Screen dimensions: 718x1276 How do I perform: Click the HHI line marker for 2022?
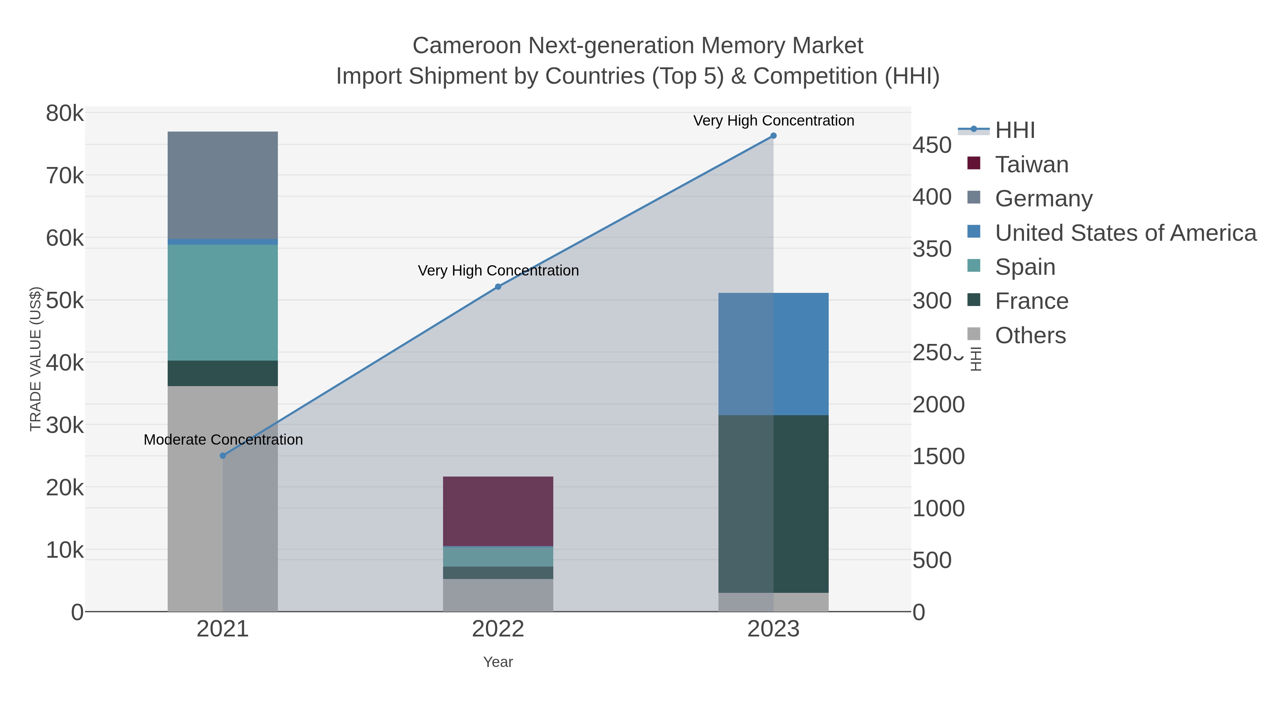tap(498, 286)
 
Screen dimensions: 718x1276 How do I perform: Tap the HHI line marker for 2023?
tap(773, 136)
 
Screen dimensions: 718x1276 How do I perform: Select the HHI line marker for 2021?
tap(223, 455)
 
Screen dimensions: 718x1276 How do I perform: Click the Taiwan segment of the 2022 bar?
tap(498, 511)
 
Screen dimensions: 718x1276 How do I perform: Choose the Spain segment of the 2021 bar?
tap(223, 302)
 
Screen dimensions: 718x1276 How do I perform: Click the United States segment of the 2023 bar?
tap(773, 354)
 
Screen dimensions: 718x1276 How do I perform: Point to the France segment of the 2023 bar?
tap(773, 503)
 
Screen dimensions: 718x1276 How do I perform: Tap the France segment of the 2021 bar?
tap(223, 373)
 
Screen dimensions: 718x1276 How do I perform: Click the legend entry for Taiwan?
tap(1031, 165)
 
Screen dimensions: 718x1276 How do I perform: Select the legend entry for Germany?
tap(1043, 199)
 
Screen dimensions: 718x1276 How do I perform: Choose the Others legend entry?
tap(1030, 335)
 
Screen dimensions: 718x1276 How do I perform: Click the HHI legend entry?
tap(1014, 130)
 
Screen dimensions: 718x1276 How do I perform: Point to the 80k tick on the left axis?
tap(65, 113)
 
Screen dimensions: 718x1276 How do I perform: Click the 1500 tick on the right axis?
tap(938, 456)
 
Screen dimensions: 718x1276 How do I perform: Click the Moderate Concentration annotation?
tap(223, 440)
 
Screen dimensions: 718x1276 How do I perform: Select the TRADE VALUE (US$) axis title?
tap(36, 359)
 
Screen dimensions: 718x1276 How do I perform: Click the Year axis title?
tap(498, 662)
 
